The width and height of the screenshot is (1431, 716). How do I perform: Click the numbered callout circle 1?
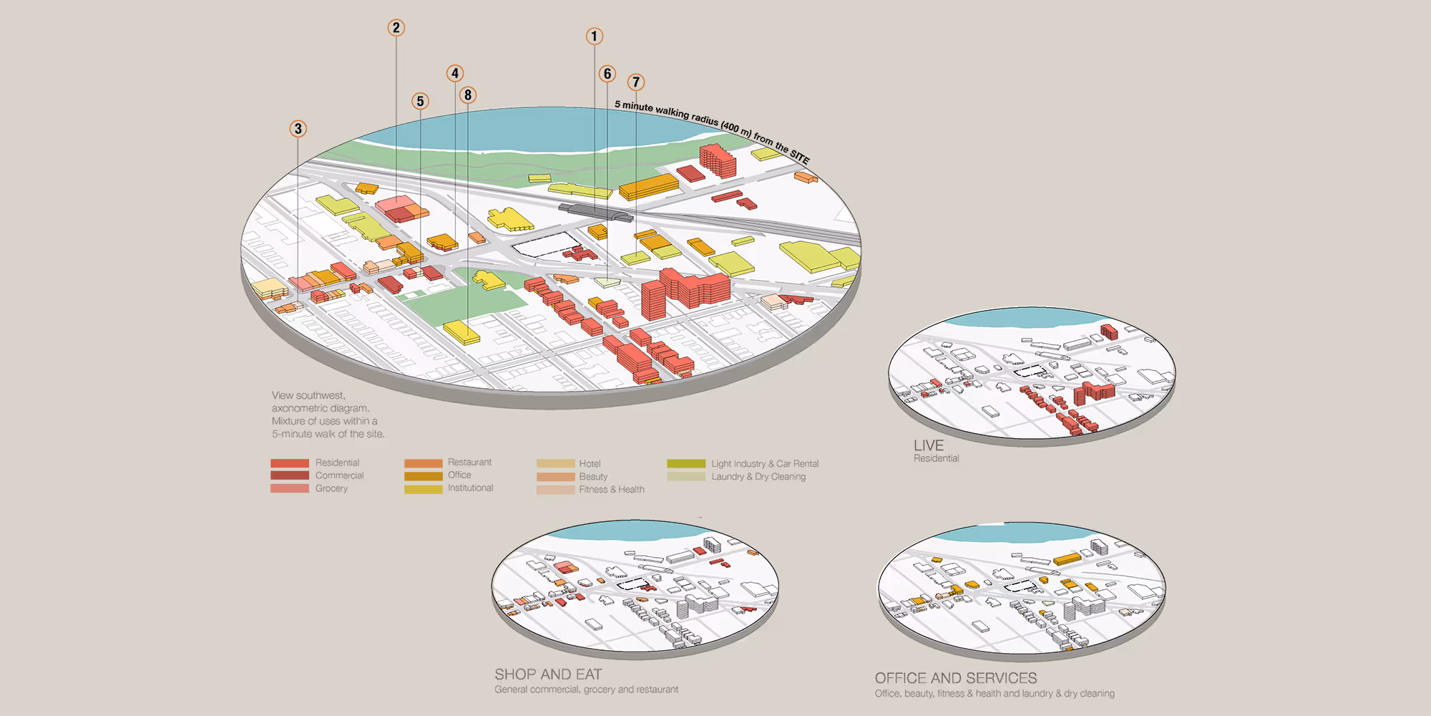pyautogui.click(x=594, y=36)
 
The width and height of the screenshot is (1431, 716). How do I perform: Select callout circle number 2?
pyautogui.click(x=396, y=28)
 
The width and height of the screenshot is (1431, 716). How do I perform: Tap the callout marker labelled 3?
pyautogui.click(x=298, y=129)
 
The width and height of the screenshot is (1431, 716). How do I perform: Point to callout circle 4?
pyautogui.click(x=455, y=73)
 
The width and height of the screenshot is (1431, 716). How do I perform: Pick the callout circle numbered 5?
pyautogui.click(x=420, y=101)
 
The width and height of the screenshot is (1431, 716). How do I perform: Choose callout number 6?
pyautogui.click(x=607, y=74)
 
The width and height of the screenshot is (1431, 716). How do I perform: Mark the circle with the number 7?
pyautogui.click(x=635, y=82)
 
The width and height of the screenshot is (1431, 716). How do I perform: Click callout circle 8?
pyautogui.click(x=468, y=95)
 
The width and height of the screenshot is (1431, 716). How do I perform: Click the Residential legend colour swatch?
pyautogui.click(x=290, y=463)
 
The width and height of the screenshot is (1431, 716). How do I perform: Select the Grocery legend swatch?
pyautogui.click(x=290, y=488)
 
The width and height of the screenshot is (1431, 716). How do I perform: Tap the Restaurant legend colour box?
pyautogui.click(x=423, y=463)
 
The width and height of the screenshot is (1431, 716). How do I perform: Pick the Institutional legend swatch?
pyautogui.click(x=423, y=489)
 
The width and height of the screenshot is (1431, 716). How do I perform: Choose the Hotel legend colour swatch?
pyautogui.click(x=555, y=464)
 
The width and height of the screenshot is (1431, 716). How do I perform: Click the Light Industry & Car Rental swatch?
pyautogui.click(x=685, y=464)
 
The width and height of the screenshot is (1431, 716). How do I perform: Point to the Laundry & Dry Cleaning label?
pyautogui.click(x=758, y=477)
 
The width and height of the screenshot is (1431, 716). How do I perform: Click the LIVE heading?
pyautogui.click(x=928, y=445)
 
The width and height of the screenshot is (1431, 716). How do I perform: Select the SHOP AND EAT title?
pyautogui.click(x=548, y=674)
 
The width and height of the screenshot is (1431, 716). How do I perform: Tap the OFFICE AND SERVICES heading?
pyautogui.click(x=955, y=678)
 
